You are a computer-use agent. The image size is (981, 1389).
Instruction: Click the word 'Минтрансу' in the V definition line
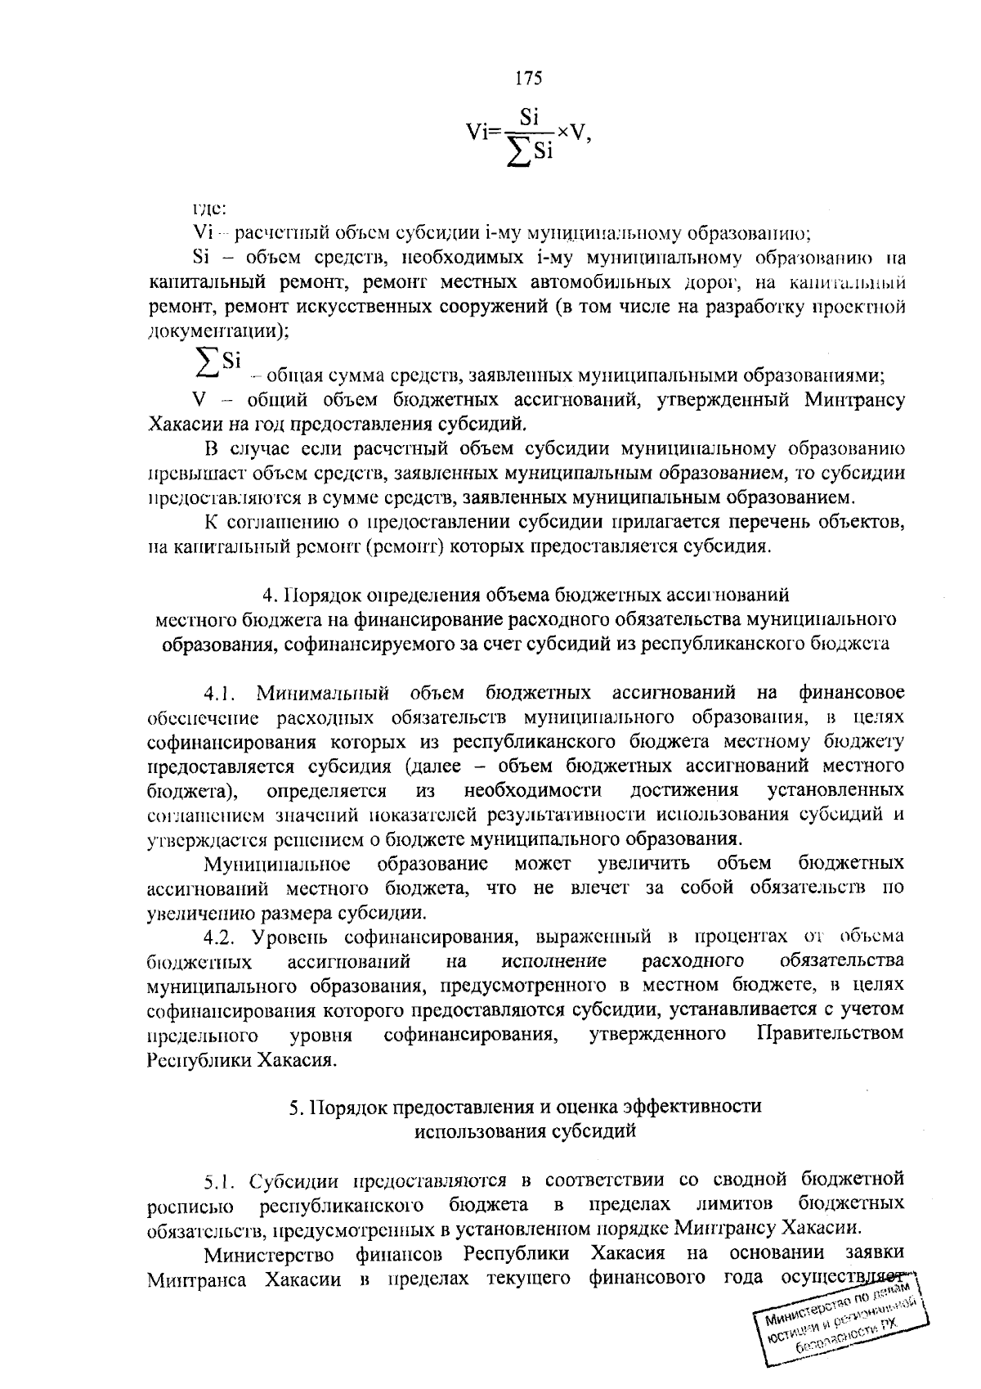click(x=854, y=400)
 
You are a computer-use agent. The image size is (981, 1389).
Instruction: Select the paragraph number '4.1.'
click(x=220, y=694)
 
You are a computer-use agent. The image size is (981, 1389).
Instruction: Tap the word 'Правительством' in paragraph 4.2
click(x=831, y=1033)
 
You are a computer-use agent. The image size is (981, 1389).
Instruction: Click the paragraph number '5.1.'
click(x=222, y=1180)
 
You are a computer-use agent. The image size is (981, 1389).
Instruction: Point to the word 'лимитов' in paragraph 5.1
click(x=734, y=1203)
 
